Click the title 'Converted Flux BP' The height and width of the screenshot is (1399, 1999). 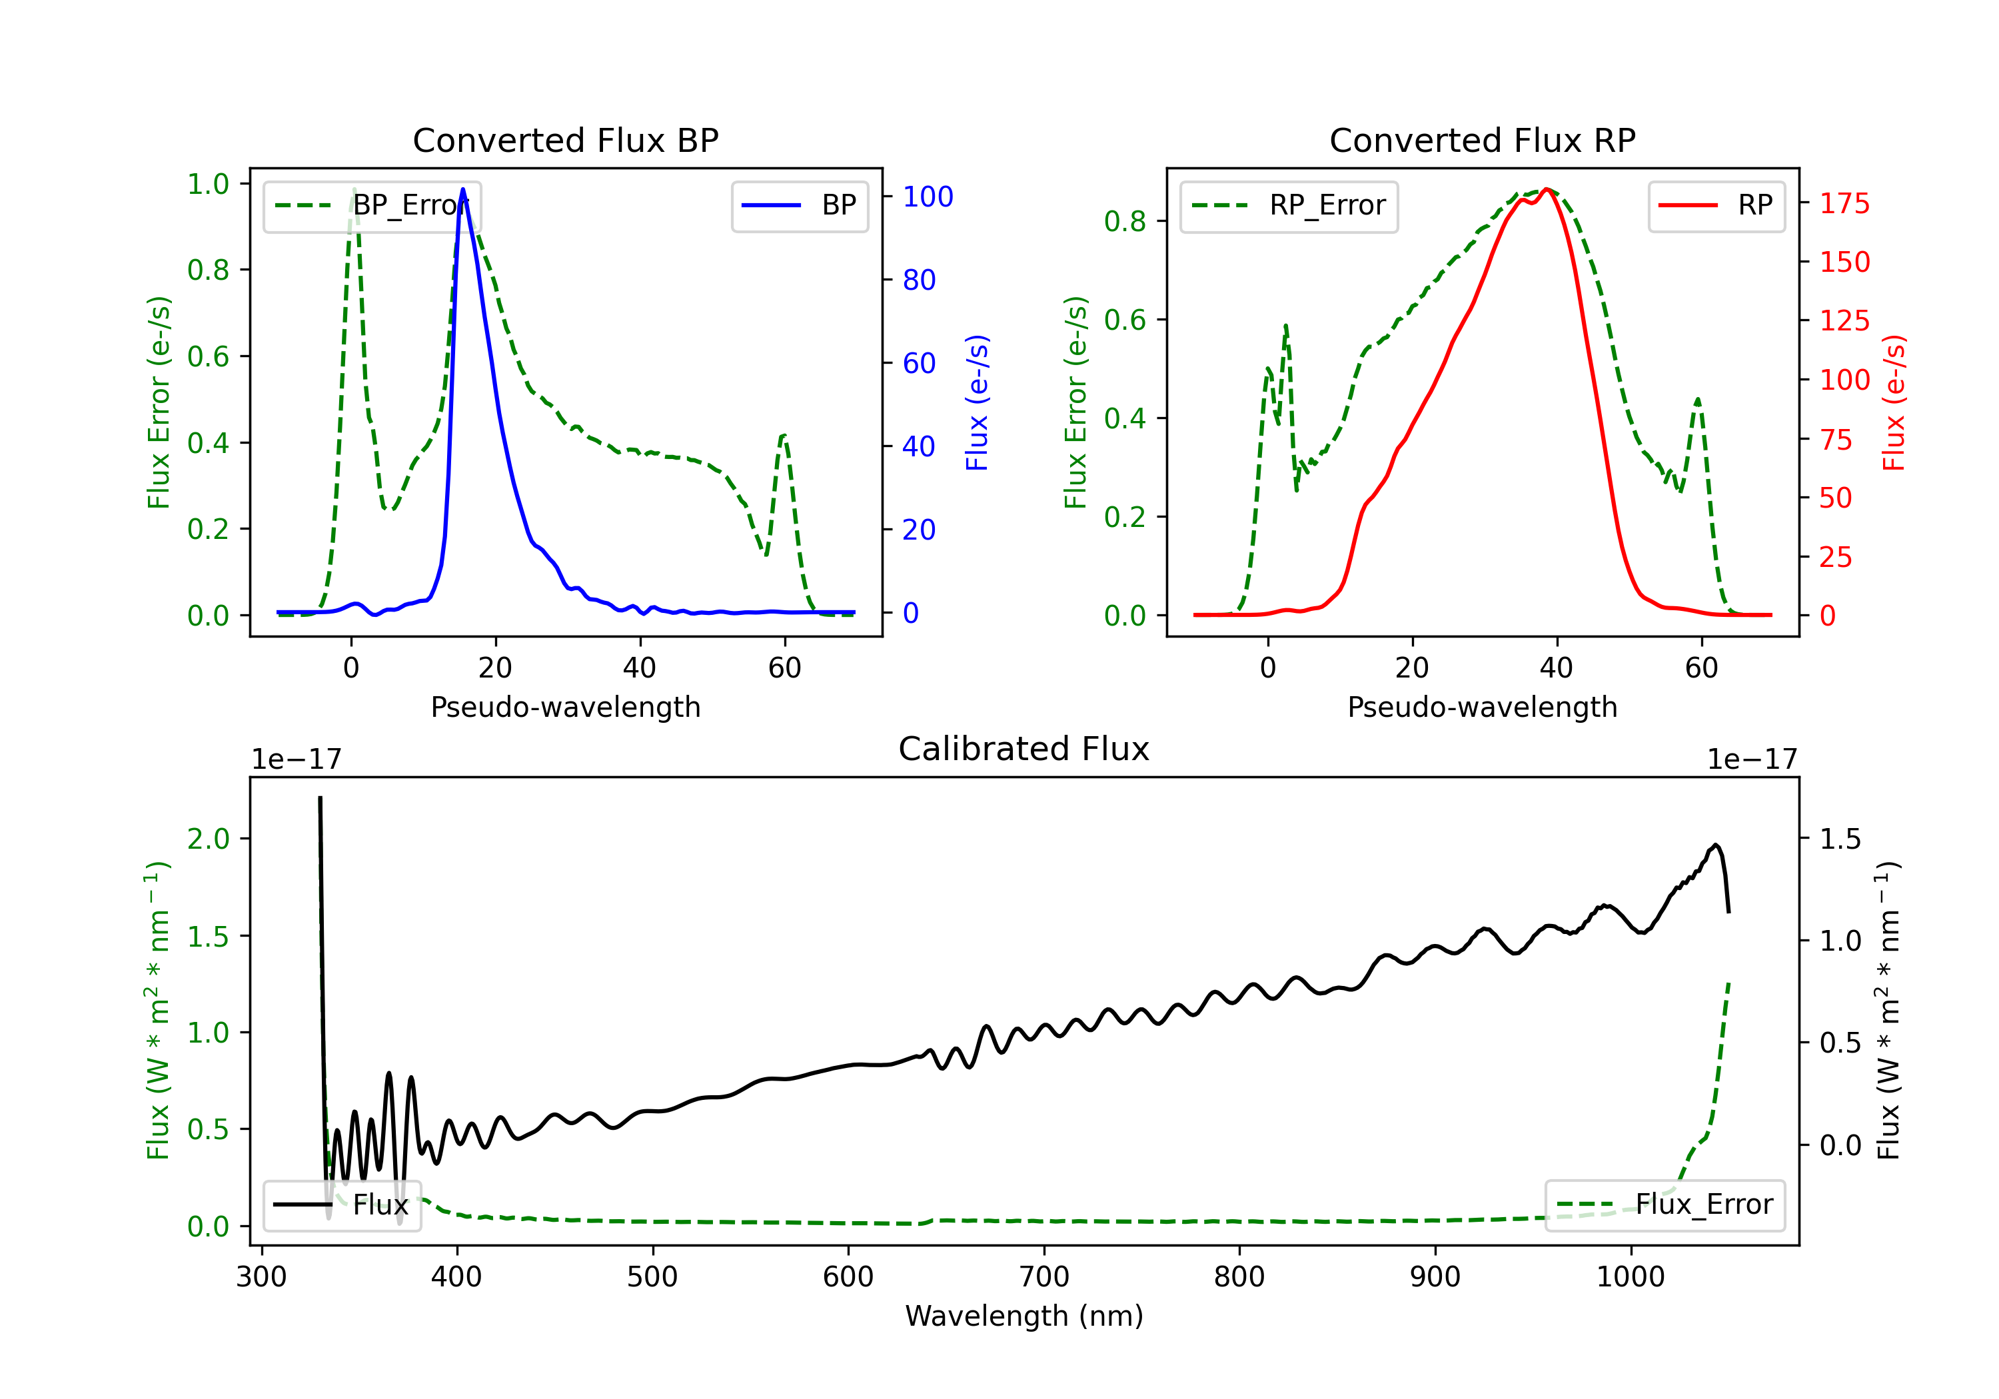pyautogui.click(x=565, y=140)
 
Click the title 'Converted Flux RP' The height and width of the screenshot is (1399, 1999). pyautogui.click(x=1482, y=140)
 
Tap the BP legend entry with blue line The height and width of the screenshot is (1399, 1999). pyautogui.click(x=800, y=205)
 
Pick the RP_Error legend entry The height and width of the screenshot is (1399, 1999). pyautogui.click(x=1289, y=205)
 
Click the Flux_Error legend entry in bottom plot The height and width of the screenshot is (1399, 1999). pyautogui.click(x=1665, y=1205)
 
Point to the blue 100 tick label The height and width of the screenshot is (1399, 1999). pyautogui.click(x=928, y=197)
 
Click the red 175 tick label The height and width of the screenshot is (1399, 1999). pyautogui.click(x=1844, y=204)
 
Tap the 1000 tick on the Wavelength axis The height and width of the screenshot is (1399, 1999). pyautogui.click(x=1630, y=1277)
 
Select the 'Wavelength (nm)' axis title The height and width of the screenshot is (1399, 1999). pyautogui.click(x=1024, y=1316)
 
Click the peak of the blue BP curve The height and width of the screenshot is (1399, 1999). pyautogui.click(x=462, y=189)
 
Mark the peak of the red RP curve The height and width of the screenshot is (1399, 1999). pyautogui.click(x=1547, y=189)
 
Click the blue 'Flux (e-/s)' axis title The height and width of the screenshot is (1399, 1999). pyautogui.click(x=977, y=402)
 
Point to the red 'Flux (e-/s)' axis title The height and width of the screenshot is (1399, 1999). pyautogui.click(x=1894, y=402)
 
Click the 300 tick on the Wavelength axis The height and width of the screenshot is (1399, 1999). pyautogui.click(x=261, y=1277)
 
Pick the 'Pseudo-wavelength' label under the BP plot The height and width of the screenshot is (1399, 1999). pyautogui.click(x=565, y=707)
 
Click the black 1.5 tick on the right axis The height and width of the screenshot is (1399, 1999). pyautogui.click(x=1840, y=839)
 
